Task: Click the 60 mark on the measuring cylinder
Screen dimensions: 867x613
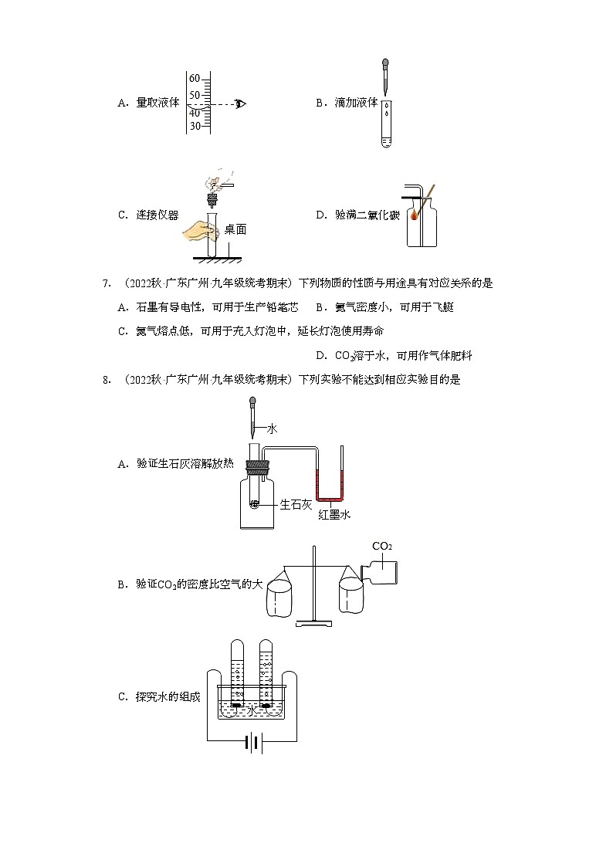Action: point(195,79)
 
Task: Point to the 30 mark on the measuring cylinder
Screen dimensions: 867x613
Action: point(195,126)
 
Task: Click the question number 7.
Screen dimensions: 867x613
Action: point(107,283)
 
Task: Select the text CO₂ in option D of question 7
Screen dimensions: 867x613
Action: point(344,356)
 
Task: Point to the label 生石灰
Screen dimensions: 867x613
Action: point(296,504)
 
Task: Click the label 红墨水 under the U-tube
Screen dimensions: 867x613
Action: point(334,515)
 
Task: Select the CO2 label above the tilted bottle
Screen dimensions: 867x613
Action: point(381,546)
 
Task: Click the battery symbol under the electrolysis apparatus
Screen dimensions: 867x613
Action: point(252,743)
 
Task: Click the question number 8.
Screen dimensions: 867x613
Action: point(107,379)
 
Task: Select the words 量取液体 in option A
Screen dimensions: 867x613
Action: point(157,103)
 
